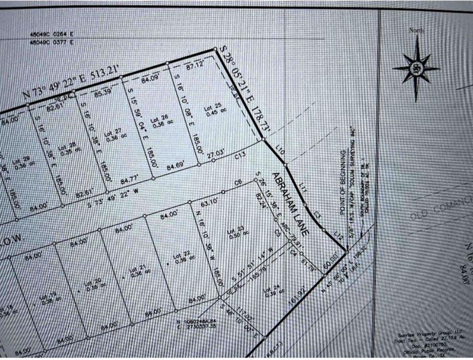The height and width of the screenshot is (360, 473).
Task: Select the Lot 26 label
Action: tap(160, 119)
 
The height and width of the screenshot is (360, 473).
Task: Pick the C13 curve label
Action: tap(241, 155)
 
